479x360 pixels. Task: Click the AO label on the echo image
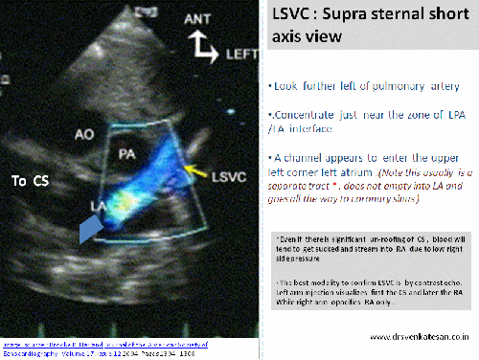[84, 136]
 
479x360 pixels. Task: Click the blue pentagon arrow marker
[88, 229]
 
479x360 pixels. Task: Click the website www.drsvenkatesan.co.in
[412, 337]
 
